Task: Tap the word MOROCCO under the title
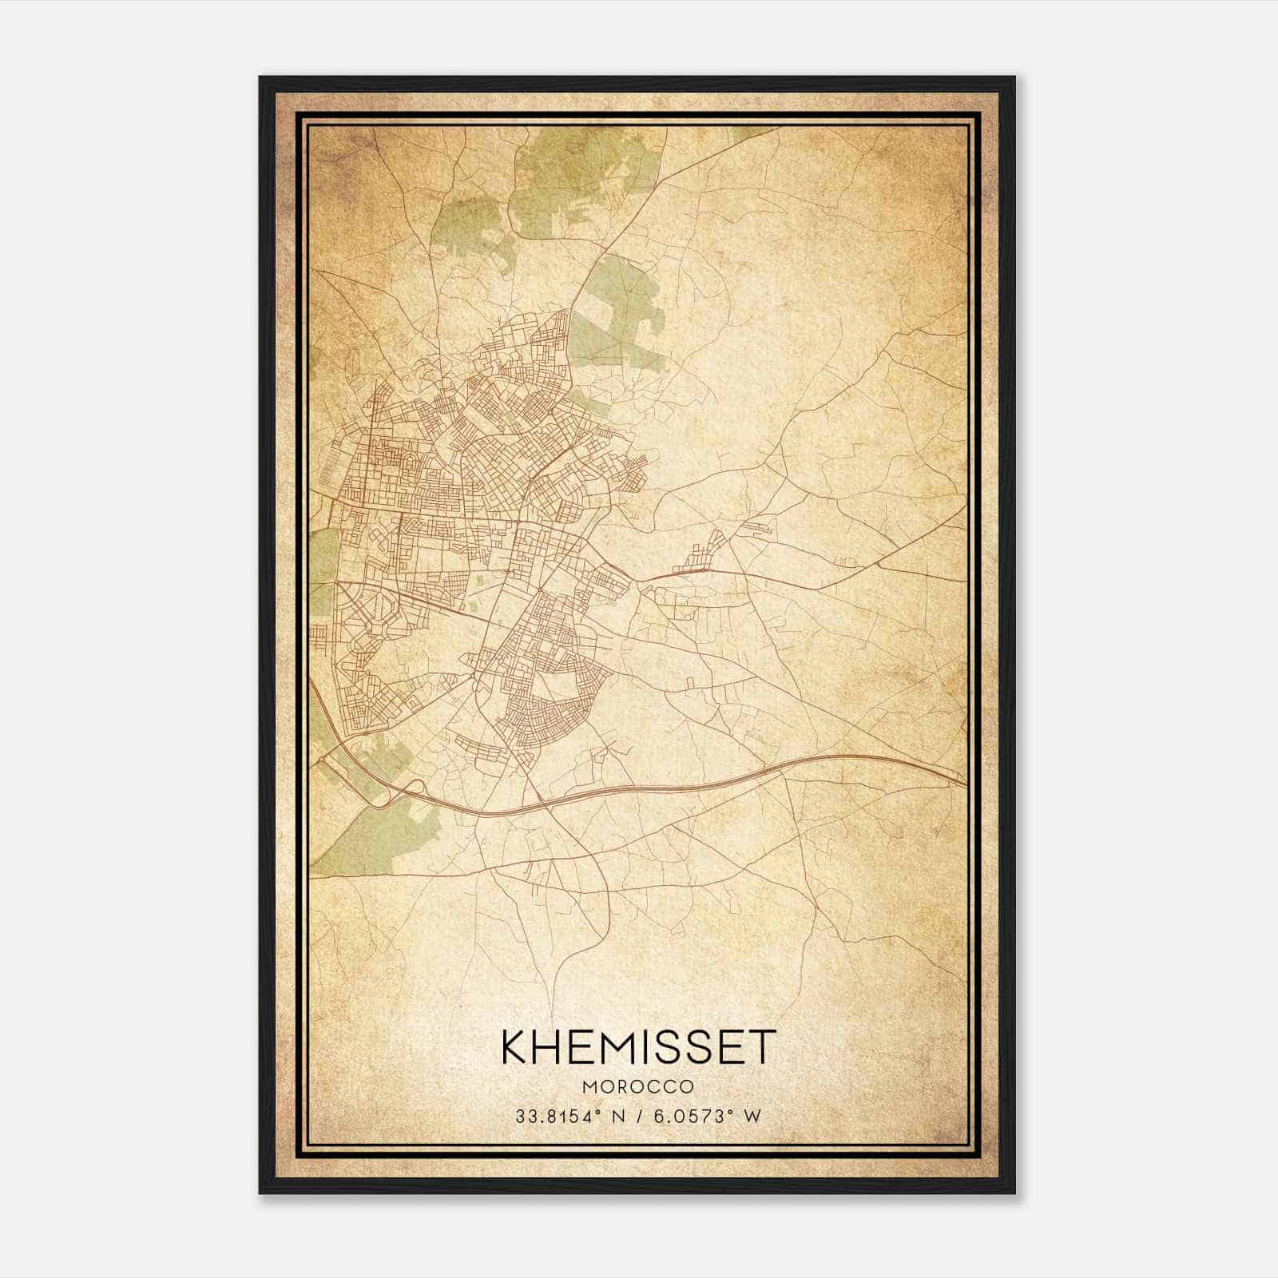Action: (x=637, y=1087)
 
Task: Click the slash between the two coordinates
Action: (x=635, y=1116)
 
